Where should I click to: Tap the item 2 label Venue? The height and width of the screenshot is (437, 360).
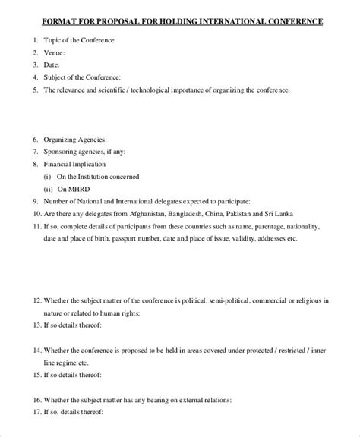[55, 52]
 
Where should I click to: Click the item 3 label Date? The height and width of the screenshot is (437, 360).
[52, 64]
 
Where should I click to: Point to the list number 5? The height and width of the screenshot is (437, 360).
[35, 89]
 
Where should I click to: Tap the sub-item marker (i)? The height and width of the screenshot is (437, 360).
[47, 176]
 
